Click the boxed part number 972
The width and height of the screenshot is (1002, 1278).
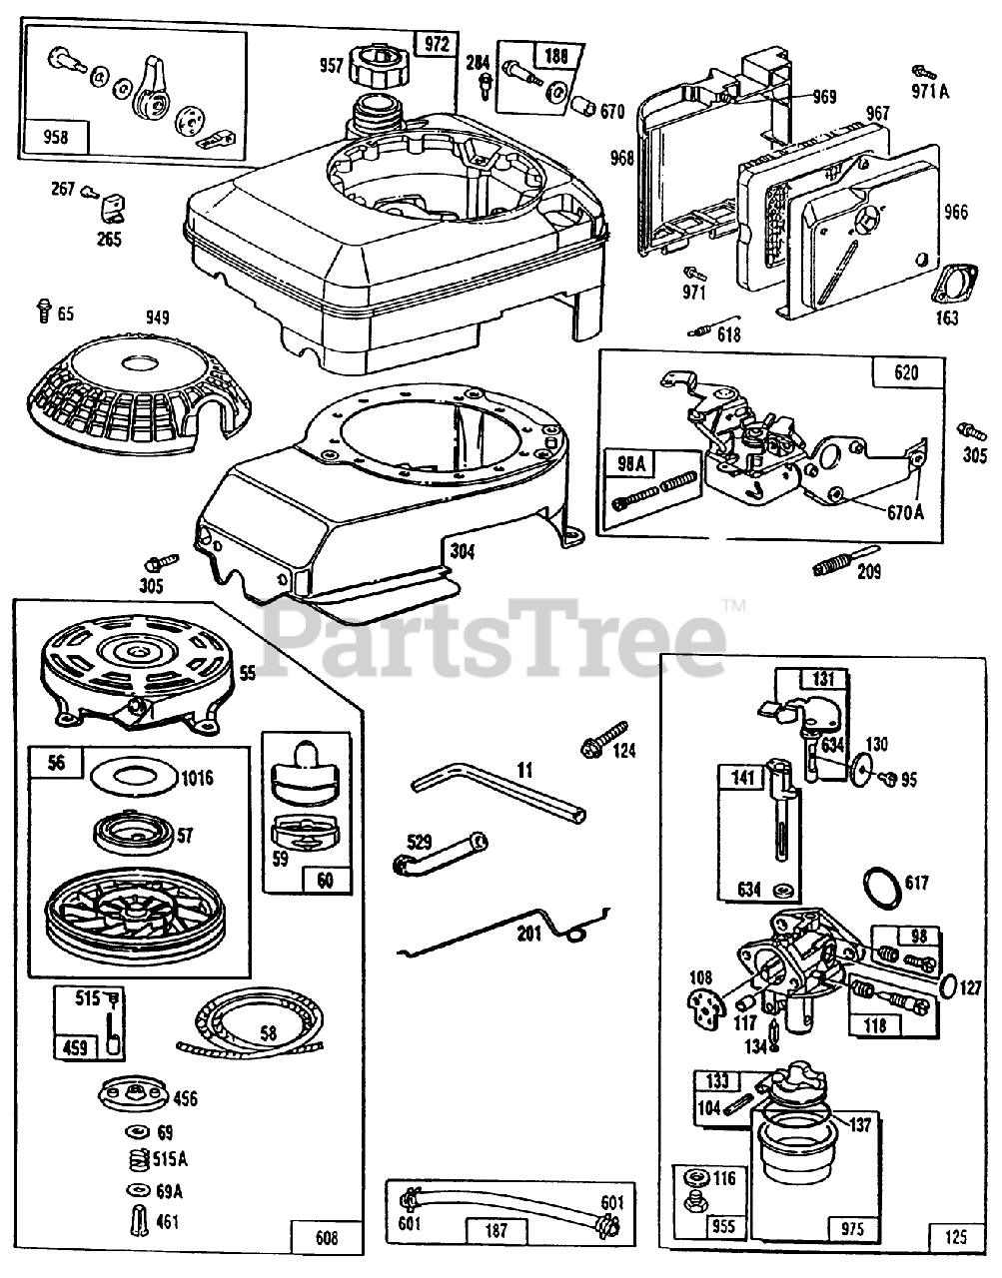tap(436, 45)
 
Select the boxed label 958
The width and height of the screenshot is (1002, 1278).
tap(58, 137)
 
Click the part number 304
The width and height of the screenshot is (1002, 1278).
tap(462, 548)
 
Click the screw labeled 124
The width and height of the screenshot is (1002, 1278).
tap(601, 739)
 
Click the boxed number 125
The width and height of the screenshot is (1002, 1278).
tap(955, 1236)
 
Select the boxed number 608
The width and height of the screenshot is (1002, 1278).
tap(326, 1239)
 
